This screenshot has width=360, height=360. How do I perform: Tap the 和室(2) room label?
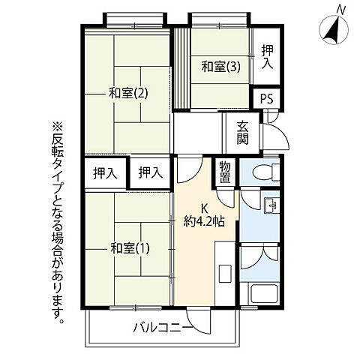[125, 93]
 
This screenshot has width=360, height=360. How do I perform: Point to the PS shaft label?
[266, 98]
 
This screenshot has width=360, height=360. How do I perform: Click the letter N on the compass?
[341, 9]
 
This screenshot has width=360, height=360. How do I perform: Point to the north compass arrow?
[330, 30]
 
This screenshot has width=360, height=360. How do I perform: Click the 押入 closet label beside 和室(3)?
[267, 56]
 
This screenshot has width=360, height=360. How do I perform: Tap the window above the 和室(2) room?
[126, 19]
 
